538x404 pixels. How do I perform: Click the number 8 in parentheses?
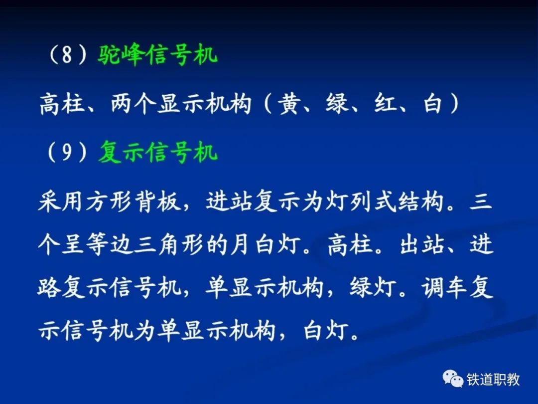pos(67,55)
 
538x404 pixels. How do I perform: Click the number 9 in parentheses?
pos(67,153)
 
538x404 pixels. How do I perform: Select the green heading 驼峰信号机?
pos(157,55)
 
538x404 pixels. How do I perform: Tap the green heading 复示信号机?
pos(158,152)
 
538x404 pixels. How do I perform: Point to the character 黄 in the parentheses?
pos(289,103)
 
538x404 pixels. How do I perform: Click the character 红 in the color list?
pos(386,103)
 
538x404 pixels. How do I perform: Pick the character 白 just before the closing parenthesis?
pos(432,103)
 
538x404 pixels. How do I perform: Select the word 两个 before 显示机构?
pos(134,103)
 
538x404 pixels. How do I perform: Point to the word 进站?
pos(229,201)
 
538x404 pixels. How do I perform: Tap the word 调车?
pos(445,288)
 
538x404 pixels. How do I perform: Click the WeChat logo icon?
pos(452,379)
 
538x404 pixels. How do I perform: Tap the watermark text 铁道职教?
pos(493,380)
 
